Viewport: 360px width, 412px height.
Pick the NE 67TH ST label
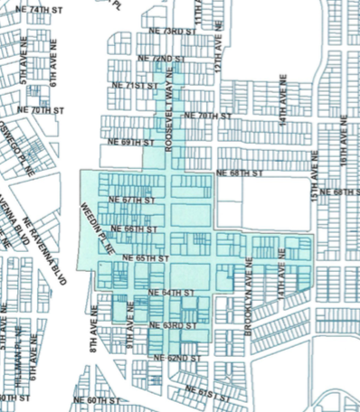pos(132,200)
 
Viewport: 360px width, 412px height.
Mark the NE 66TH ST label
pos(135,230)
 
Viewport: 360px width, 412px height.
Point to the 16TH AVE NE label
pos(344,144)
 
